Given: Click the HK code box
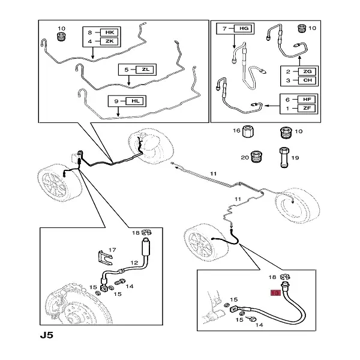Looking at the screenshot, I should click(x=109, y=32).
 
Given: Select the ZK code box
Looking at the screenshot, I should click(x=109, y=41).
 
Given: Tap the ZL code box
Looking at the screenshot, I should click(x=146, y=70).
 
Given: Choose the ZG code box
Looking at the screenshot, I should click(x=306, y=71).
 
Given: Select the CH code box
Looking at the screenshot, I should click(x=306, y=80).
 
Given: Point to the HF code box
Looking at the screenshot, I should click(x=306, y=100).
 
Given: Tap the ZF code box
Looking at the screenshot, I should click(x=306, y=109).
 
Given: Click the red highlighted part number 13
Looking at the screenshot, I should click(x=276, y=293).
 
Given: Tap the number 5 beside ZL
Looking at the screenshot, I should click(x=126, y=70).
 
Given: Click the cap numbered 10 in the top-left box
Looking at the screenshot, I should click(x=60, y=38).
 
